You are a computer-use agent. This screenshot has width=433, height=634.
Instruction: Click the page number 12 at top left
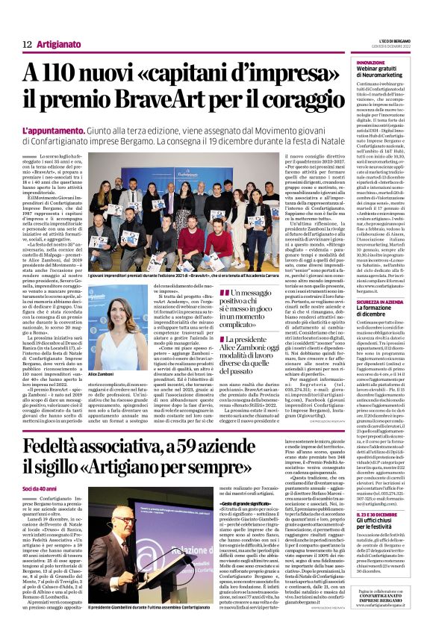click(x=27, y=45)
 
